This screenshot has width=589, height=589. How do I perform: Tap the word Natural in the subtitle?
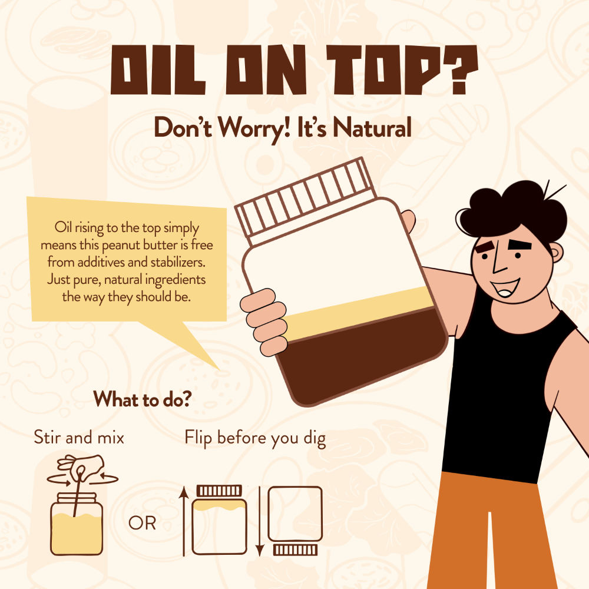[x=372, y=127]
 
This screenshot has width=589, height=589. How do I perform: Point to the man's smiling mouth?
[x=505, y=287]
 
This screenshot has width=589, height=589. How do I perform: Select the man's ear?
[x=556, y=252]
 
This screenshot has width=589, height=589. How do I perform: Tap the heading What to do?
[x=143, y=399]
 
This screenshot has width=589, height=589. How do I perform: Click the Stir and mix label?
[x=79, y=438]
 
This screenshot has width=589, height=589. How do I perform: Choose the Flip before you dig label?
[x=255, y=438]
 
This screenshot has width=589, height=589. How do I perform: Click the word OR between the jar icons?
[x=142, y=523]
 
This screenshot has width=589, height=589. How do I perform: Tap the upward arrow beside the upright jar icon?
[x=184, y=521]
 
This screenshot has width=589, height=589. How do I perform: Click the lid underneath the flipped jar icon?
[x=295, y=550]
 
